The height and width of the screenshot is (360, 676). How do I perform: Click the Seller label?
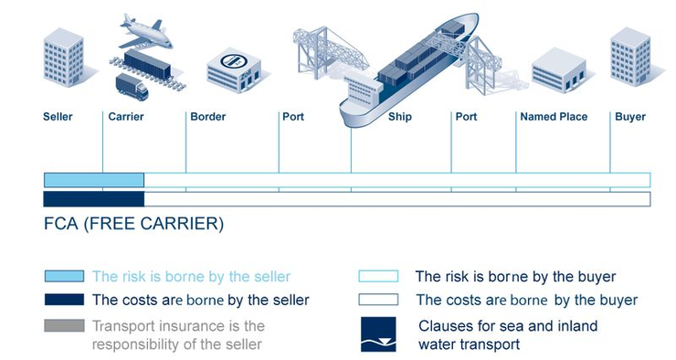[x=58, y=117]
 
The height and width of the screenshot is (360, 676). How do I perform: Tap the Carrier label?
[x=126, y=117]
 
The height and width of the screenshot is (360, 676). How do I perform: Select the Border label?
[x=207, y=117]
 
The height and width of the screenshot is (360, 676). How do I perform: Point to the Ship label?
[x=400, y=117]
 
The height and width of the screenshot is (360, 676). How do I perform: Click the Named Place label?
[x=554, y=117]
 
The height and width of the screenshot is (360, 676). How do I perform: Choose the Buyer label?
[x=630, y=117]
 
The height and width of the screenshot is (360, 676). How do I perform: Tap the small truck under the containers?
[x=132, y=87]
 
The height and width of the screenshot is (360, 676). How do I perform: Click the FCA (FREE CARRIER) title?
[x=133, y=223]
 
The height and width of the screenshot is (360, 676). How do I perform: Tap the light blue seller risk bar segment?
[x=94, y=179]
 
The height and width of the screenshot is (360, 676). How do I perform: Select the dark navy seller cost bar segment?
[x=94, y=198]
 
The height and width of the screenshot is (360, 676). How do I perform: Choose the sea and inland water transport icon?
[x=378, y=334]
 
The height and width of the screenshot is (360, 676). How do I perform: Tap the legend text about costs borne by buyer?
[x=526, y=300]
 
